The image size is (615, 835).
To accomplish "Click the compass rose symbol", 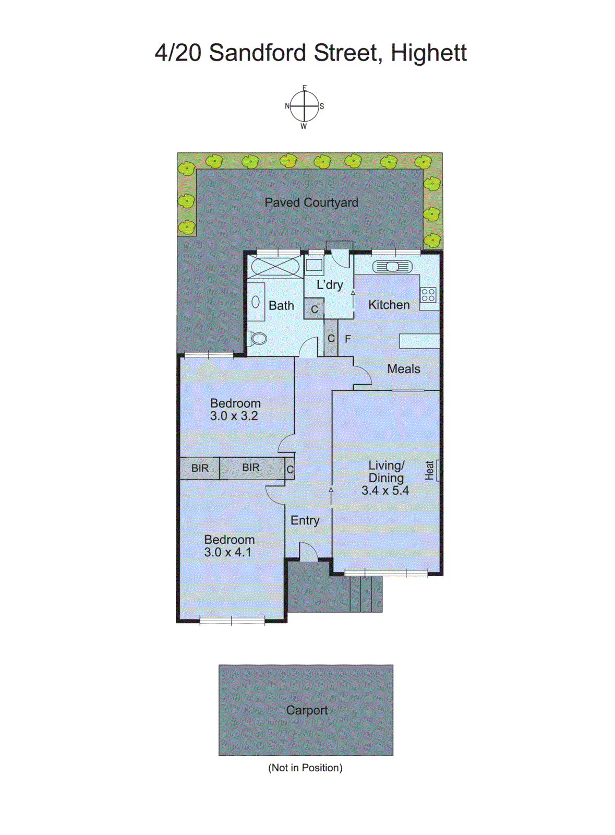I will coord(304,106).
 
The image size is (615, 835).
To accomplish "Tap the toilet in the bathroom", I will coord(257,338).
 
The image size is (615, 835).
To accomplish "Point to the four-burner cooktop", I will coord(428,295).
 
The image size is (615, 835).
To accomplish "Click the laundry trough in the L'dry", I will coord(314,265).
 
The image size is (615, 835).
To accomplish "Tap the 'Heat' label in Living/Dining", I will coord(429,470).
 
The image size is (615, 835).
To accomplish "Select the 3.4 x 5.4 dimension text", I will coord(385,491).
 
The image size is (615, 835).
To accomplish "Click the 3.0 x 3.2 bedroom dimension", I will coord(234,416).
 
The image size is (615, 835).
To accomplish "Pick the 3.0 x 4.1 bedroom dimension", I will coord(227,552).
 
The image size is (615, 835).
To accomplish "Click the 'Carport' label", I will coord(307,710).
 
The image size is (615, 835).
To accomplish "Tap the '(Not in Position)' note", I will coord(305,768).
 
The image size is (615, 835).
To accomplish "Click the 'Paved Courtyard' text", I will coord(311,202).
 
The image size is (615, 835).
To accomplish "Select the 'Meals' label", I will coord(403,369).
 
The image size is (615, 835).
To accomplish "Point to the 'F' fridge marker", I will coord(348,339).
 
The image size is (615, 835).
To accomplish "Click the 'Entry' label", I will coord(305,520).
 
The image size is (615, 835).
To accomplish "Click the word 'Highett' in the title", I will coord(428,53).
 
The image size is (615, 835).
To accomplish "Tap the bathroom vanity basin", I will coord(256,302).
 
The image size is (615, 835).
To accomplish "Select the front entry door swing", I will coord(308,552).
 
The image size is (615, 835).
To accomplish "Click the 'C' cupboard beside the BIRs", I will coord(290,469).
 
